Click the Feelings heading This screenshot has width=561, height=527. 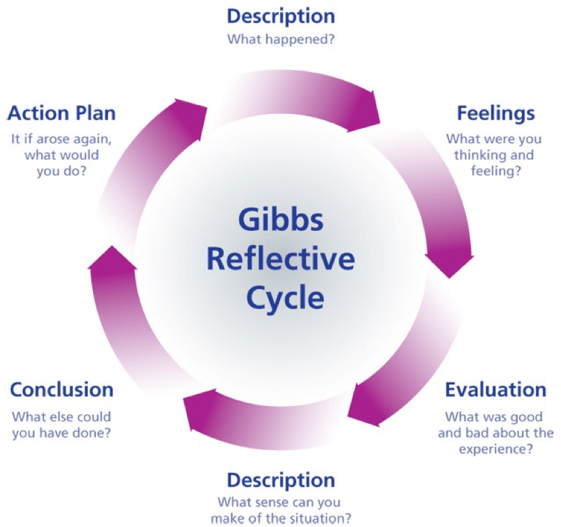click(x=496, y=113)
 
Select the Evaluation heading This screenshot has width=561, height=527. click(x=496, y=390)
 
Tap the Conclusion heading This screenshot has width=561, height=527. click(x=61, y=390)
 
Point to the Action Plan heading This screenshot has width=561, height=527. click(x=61, y=113)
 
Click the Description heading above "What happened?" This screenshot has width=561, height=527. click(x=281, y=15)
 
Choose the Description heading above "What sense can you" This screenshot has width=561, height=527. click(x=281, y=480)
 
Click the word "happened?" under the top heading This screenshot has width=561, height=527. click(x=303, y=38)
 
